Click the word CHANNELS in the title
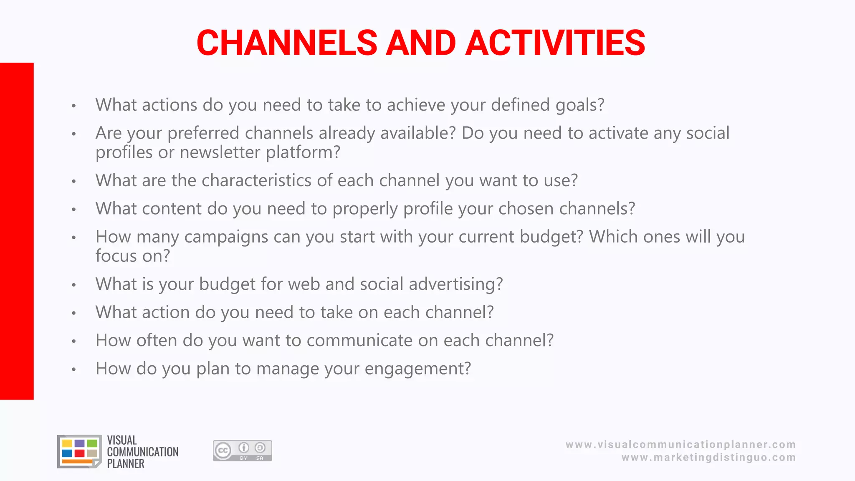coord(287,43)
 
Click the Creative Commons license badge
coord(242,451)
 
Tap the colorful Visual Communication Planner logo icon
coord(79,451)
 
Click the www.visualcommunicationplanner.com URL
coord(680,445)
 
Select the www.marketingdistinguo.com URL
coord(708,458)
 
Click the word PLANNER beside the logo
coord(126,464)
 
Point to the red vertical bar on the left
coord(17,231)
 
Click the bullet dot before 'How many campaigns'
coord(74,238)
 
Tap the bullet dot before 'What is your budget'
coord(74,285)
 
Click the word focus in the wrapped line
coord(116,256)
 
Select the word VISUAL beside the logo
coord(122,440)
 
